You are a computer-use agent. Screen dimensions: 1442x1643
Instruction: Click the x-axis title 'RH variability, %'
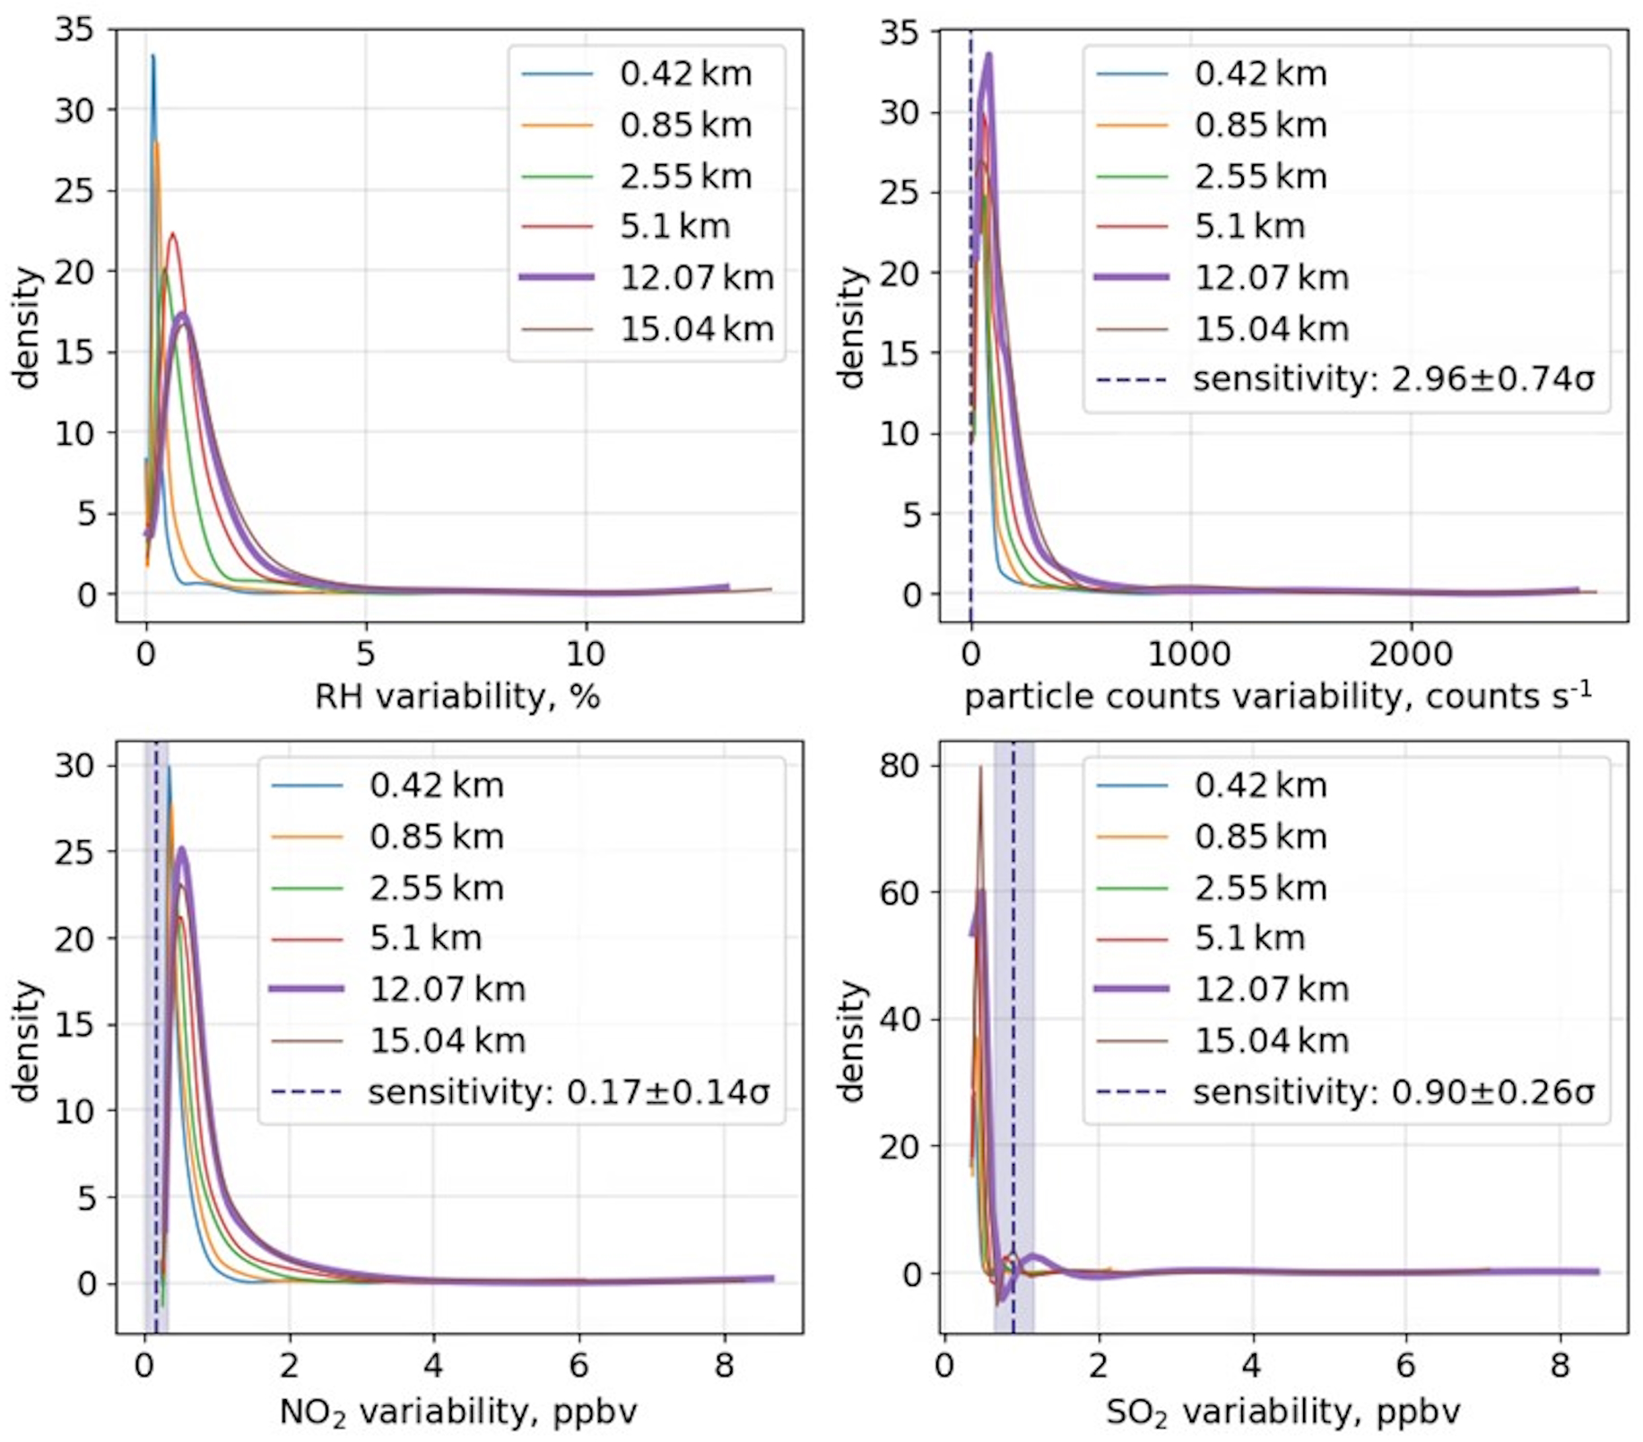(456, 697)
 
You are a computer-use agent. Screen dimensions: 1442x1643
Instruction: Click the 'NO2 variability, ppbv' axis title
(457, 1412)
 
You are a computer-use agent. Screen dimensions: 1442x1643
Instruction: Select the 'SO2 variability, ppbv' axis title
(1282, 1412)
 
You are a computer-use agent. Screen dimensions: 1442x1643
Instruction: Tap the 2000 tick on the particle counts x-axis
(1411, 654)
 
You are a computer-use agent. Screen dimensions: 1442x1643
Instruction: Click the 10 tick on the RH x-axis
(585, 654)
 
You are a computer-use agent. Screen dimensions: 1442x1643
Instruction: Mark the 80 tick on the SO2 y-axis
(900, 766)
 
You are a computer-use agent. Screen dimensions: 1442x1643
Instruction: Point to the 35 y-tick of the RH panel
(74, 30)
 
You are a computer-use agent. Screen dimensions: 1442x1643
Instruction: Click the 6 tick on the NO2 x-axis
(578, 1366)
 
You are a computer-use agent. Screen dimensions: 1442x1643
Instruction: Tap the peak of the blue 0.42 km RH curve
(152, 56)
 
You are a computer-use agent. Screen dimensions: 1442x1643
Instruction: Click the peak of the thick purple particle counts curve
(988, 55)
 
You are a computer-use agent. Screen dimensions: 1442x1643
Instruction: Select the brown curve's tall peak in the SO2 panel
(980, 767)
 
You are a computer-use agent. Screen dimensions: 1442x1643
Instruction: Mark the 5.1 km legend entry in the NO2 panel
(425, 938)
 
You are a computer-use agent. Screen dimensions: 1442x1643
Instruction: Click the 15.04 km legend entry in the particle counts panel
(1271, 329)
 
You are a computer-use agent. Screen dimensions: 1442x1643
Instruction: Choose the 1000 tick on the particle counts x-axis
(1189, 654)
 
